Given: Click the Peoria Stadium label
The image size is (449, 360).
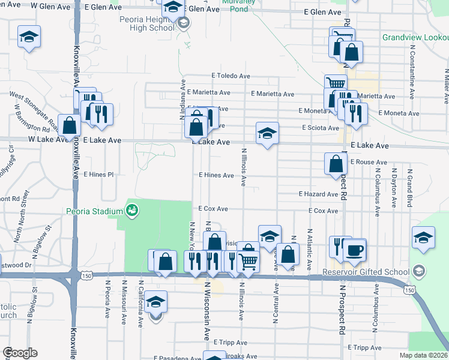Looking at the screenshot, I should pos(94,211).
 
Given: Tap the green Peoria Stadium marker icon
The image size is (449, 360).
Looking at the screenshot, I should pos(131,211).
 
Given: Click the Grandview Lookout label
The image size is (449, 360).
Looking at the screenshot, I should pos(415,37).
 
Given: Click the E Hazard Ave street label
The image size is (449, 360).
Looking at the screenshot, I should pos(319,194).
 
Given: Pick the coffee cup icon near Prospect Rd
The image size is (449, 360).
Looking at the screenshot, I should pos(354,249).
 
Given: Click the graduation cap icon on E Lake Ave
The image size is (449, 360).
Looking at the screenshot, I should pos(268,133).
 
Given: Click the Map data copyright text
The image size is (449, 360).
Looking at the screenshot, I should pos(423,355).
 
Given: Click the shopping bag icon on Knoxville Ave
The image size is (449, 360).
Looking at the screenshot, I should pos(70,126).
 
